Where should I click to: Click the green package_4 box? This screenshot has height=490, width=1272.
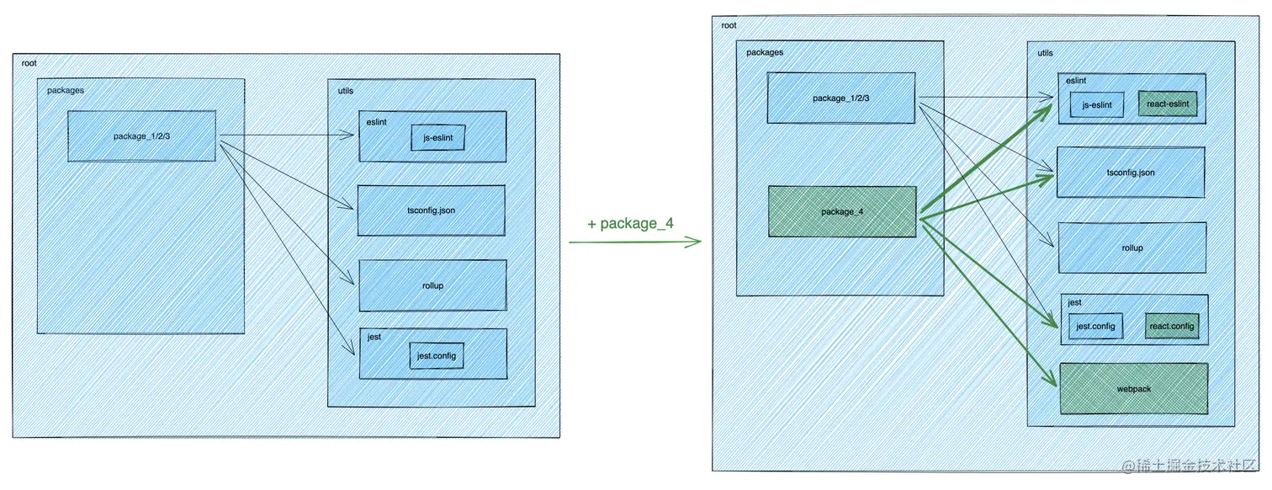[x=842, y=211]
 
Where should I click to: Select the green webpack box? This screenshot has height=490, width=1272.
[x=1133, y=389]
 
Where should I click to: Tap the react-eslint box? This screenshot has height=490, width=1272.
[x=1167, y=104]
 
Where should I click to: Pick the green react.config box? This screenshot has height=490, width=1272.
[x=1171, y=327]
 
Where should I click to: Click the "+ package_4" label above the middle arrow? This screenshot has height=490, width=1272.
[x=630, y=224]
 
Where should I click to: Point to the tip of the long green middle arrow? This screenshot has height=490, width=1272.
[x=700, y=242]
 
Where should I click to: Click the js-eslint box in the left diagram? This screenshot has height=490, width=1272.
[x=438, y=138]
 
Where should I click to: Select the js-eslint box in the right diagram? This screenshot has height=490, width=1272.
[x=1097, y=105]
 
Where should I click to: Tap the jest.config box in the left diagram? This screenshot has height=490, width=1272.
[x=437, y=355]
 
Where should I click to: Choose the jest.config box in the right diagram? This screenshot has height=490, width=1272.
[x=1095, y=327]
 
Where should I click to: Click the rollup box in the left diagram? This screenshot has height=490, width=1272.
[x=432, y=285]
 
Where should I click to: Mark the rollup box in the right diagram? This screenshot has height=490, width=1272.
[x=1132, y=248]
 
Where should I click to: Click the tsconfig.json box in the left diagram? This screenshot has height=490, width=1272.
[x=431, y=210]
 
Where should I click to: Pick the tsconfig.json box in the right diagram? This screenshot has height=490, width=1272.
[x=1131, y=173]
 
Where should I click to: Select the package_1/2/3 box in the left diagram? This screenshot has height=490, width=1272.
[x=141, y=136]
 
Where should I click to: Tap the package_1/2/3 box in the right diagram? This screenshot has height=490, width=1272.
[x=840, y=99]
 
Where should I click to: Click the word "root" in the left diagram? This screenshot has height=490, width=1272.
[x=29, y=64]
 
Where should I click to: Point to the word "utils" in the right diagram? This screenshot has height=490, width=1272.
[x=1045, y=53]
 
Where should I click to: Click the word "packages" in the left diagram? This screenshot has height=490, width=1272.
[x=65, y=90]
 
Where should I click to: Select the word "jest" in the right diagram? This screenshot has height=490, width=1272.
[x=1074, y=301]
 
